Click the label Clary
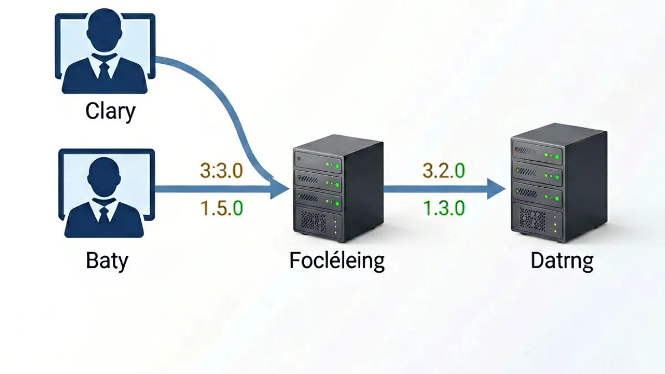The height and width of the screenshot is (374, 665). [110, 111]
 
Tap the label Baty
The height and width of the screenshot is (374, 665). [107, 261]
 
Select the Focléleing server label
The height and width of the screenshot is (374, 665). [337, 261]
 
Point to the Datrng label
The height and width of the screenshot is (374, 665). [562, 261]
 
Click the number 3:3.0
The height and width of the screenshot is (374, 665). [222, 171]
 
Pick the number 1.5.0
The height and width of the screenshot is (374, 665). [222, 208]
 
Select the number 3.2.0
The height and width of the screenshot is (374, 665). [443, 171]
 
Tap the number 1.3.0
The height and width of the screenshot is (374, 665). [444, 208]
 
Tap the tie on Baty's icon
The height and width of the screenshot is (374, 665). [104, 214]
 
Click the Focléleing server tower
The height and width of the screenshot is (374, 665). [338, 188]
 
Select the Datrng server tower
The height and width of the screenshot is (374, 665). [559, 183]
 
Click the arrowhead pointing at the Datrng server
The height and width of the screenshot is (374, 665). [496, 189]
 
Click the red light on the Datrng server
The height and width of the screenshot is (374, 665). [517, 149]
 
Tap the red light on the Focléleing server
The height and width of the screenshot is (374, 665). [299, 159]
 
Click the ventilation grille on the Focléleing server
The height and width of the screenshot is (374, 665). [314, 222]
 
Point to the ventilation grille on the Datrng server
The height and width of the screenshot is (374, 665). [533, 220]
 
